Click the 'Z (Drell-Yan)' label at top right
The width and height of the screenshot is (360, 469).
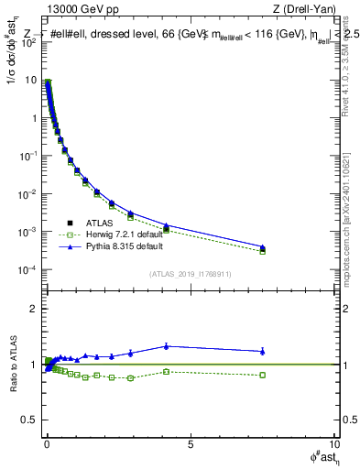tap(304, 9)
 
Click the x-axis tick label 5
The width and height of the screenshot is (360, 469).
tap(190, 444)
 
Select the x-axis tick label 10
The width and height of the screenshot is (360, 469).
tap(333, 444)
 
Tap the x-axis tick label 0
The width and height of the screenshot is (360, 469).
tap(46, 444)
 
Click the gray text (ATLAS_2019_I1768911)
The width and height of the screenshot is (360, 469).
tap(190, 274)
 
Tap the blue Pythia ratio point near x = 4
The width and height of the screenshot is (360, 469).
tap(166, 345)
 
